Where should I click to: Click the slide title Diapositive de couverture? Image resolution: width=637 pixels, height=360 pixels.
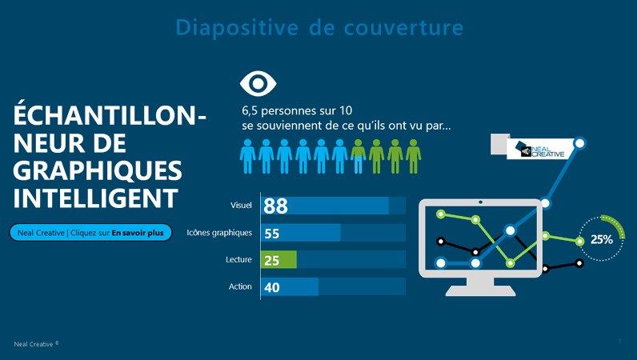(x=318, y=28)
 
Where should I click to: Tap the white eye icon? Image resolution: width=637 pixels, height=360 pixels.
(x=258, y=84)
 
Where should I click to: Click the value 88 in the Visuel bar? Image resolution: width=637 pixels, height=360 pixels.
(x=276, y=206)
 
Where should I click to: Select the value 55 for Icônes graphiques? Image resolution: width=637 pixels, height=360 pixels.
(x=272, y=233)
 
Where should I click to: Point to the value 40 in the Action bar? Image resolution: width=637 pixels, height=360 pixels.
(x=272, y=287)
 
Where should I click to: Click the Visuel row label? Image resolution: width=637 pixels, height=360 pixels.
(x=240, y=206)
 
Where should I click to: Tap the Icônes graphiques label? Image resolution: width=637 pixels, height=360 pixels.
(x=219, y=233)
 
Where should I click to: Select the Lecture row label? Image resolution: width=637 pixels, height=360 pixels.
(x=238, y=260)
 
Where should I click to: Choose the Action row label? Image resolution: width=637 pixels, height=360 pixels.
(x=240, y=286)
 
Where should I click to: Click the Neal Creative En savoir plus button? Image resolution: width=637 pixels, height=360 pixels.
(x=90, y=233)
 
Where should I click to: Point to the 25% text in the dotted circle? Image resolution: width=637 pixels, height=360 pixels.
(x=602, y=239)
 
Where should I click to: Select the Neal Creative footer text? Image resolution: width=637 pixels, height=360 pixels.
(x=36, y=344)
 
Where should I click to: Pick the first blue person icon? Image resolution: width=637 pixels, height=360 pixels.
(x=248, y=156)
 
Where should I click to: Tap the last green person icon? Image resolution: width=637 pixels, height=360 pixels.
(x=413, y=156)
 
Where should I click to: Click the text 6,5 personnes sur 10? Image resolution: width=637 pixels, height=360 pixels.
(x=297, y=110)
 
